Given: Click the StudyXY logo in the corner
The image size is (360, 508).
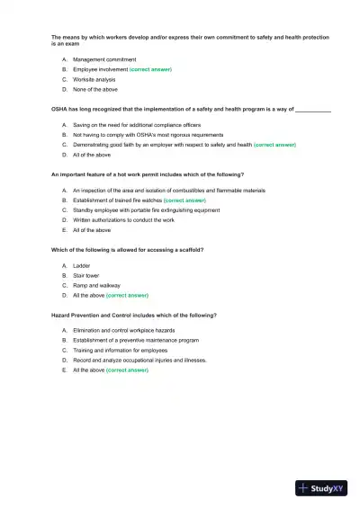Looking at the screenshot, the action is (x=320, y=488).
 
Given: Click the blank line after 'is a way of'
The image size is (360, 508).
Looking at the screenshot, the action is (x=313, y=109).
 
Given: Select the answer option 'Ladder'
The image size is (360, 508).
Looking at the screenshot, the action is (x=82, y=265).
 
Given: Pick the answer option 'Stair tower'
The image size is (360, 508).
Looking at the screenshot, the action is (x=87, y=275).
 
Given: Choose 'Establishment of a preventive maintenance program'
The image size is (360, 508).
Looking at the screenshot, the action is (x=136, y=340).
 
